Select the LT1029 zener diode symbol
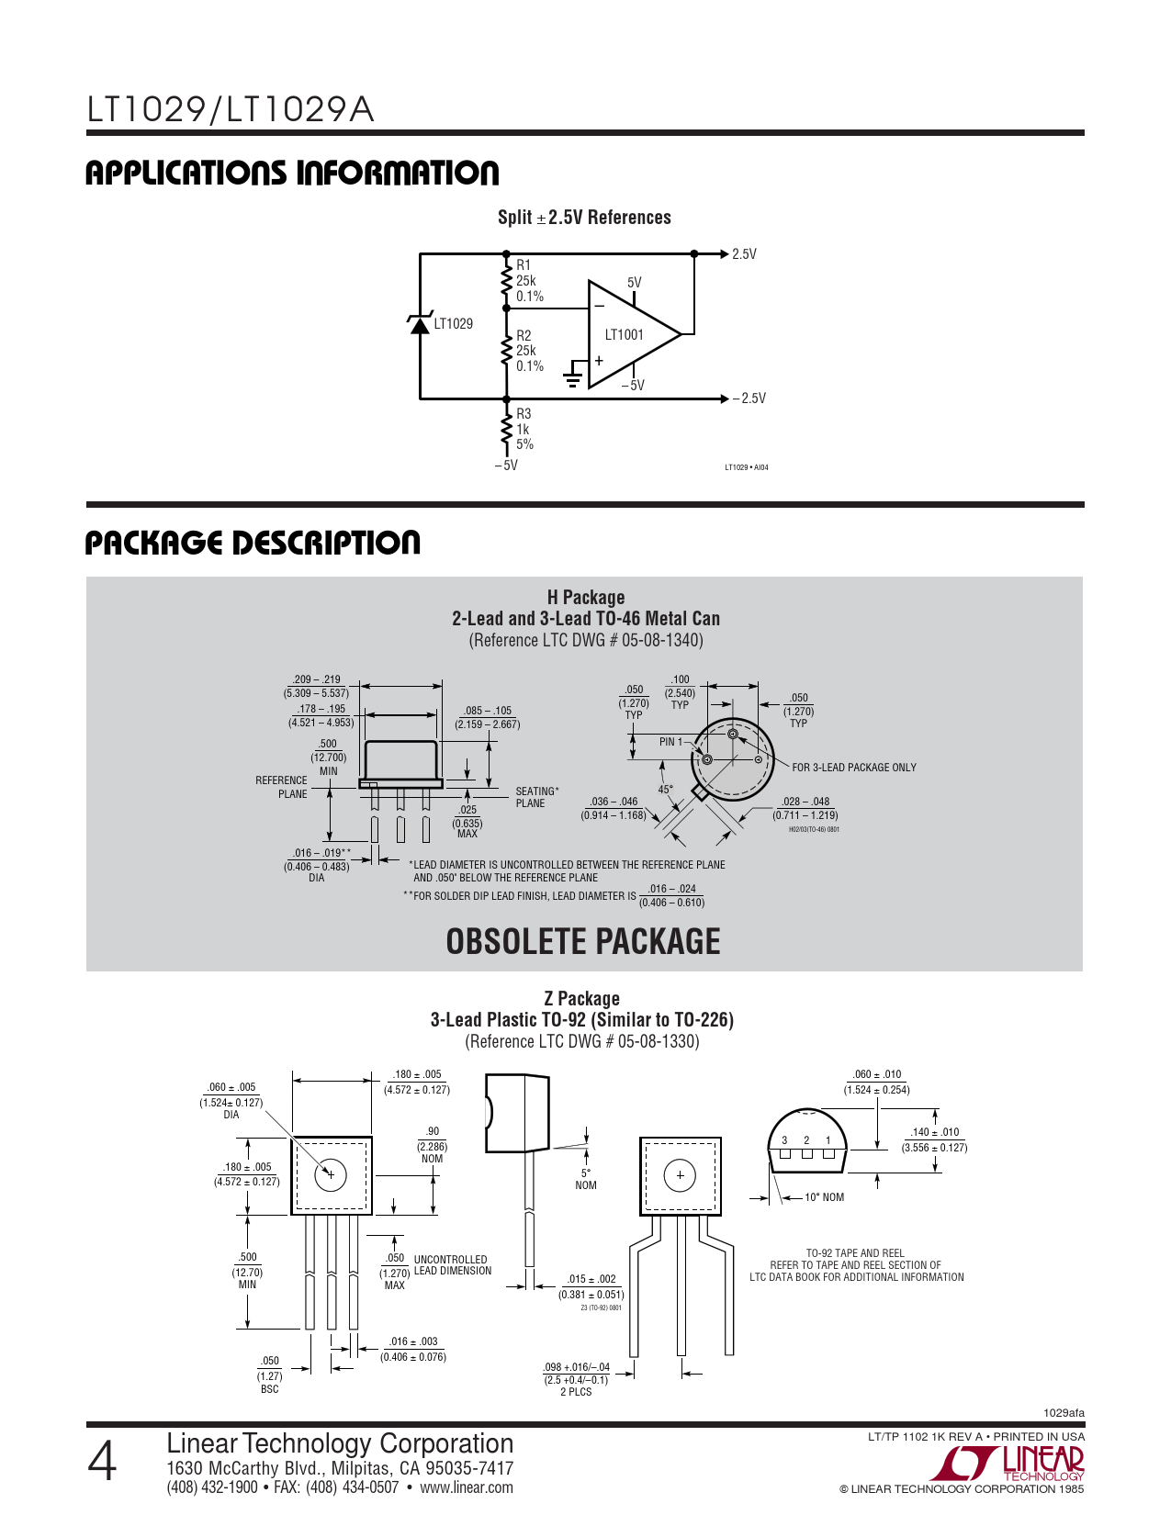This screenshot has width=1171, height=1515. coord(420,324)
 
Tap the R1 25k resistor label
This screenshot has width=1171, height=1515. coord(528,281)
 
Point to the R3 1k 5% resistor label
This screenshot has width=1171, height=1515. coord(524,429)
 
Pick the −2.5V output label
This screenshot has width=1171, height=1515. coord(749,398)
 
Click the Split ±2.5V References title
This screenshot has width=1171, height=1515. coord(584,218)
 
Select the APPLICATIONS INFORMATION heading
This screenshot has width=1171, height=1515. coord(292,174)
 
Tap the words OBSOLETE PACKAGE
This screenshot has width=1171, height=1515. coord(583,942)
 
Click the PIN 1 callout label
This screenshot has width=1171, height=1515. coord(670,742)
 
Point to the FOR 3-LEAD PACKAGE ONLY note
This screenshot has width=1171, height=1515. coord(854,768)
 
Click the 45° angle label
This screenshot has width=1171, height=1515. coord(666,790)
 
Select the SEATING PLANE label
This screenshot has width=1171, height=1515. coord(536,797)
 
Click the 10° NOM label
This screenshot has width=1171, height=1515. coord(824,1197)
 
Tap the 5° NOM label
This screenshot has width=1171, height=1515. coord(586,1179)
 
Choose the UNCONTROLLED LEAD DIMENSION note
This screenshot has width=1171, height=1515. coord(453,1265)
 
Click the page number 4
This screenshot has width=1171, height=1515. coord(103,1463)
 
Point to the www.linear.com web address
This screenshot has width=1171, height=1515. coord(467,1487)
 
